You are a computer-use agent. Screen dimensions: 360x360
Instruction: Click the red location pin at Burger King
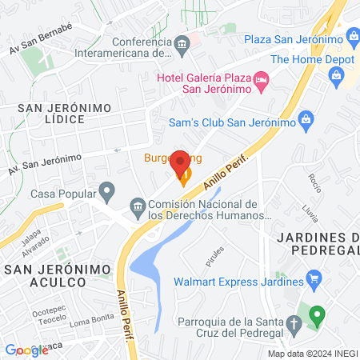(x=181, y=162)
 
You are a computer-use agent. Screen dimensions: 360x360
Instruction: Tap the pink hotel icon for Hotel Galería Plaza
(x=262, y=81)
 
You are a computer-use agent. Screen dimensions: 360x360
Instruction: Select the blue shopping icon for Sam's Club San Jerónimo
(x=304, y=120)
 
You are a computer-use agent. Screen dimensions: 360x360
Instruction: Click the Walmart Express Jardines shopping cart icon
(x=314, y=281)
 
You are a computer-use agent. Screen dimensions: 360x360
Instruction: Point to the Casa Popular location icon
(x=106, y=193)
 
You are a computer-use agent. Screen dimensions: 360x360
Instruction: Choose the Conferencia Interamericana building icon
(x=184, y=42)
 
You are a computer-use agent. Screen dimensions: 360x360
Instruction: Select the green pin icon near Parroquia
(x=317, y=314)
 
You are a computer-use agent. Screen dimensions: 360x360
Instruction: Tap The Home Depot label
(x=304, y=58)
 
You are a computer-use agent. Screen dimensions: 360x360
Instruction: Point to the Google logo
(x=26, y=350)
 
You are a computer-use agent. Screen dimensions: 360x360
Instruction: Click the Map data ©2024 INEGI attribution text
(x=312, y=354)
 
